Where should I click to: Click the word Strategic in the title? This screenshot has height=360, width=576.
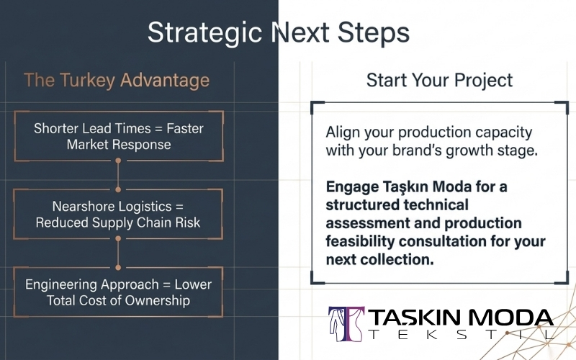204,33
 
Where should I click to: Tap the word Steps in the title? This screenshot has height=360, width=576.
373,32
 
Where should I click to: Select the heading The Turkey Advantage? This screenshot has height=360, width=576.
117,81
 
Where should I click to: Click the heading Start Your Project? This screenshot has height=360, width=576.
439,81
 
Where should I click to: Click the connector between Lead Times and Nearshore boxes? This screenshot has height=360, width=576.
118,175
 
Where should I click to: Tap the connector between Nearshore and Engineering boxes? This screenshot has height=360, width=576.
118,253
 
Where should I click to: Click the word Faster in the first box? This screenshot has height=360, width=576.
185,129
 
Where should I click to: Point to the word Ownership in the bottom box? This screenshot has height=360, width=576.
157,301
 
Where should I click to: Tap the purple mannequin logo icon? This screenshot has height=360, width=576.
346,325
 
